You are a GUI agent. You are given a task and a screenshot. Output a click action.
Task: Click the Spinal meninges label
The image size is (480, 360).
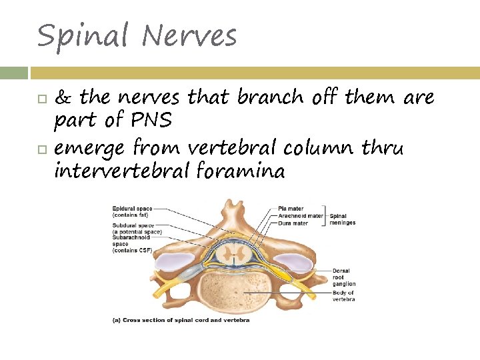pos(342,219)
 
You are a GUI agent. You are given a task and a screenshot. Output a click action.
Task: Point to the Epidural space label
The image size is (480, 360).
pos(132,211)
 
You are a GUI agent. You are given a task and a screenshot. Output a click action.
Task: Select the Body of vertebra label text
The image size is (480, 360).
pos(343,296)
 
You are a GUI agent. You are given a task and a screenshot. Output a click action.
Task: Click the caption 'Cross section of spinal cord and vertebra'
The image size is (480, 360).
pos(183,320)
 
